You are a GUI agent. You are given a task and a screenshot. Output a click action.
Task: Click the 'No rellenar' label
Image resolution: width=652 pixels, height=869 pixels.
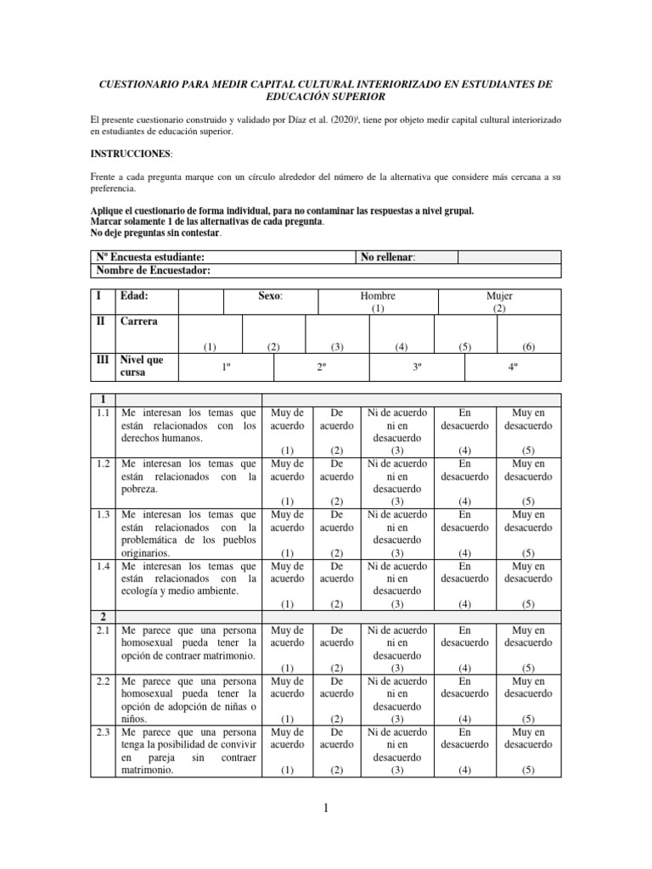pos(388,256)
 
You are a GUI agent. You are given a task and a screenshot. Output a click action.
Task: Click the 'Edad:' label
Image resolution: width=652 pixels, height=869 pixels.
pos(137,295)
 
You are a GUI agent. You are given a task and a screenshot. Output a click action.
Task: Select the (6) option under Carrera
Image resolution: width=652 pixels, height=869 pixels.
pos(529,346)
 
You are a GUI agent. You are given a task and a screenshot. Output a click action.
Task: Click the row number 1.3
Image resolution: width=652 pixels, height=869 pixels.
pos(103,514)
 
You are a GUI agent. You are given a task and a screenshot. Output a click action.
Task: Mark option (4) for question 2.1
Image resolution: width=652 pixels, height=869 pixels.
pos(464,669)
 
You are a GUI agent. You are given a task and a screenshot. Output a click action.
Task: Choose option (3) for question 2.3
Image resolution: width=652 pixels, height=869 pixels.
pos(396,770)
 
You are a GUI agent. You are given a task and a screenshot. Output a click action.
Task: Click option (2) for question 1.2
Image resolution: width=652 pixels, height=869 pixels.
pos(336,501)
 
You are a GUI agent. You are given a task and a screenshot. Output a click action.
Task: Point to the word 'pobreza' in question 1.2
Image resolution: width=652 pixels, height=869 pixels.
pos(139,490)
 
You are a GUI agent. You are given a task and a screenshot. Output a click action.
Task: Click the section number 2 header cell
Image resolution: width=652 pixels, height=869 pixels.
pos(103,617)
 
